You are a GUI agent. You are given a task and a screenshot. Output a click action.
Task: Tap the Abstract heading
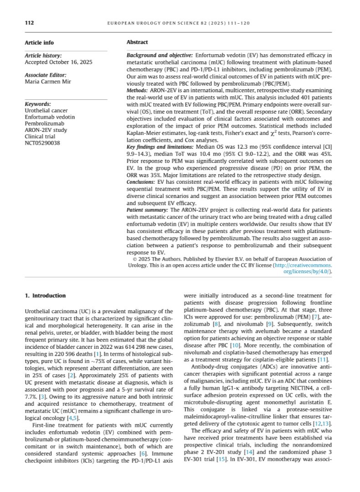coord(137,42)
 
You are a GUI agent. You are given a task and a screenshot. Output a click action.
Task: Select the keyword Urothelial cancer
coord(46,111)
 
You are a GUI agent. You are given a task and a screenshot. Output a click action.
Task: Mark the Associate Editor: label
coord(46,75)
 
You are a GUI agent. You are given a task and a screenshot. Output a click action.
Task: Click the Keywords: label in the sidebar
coord(37,104)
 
